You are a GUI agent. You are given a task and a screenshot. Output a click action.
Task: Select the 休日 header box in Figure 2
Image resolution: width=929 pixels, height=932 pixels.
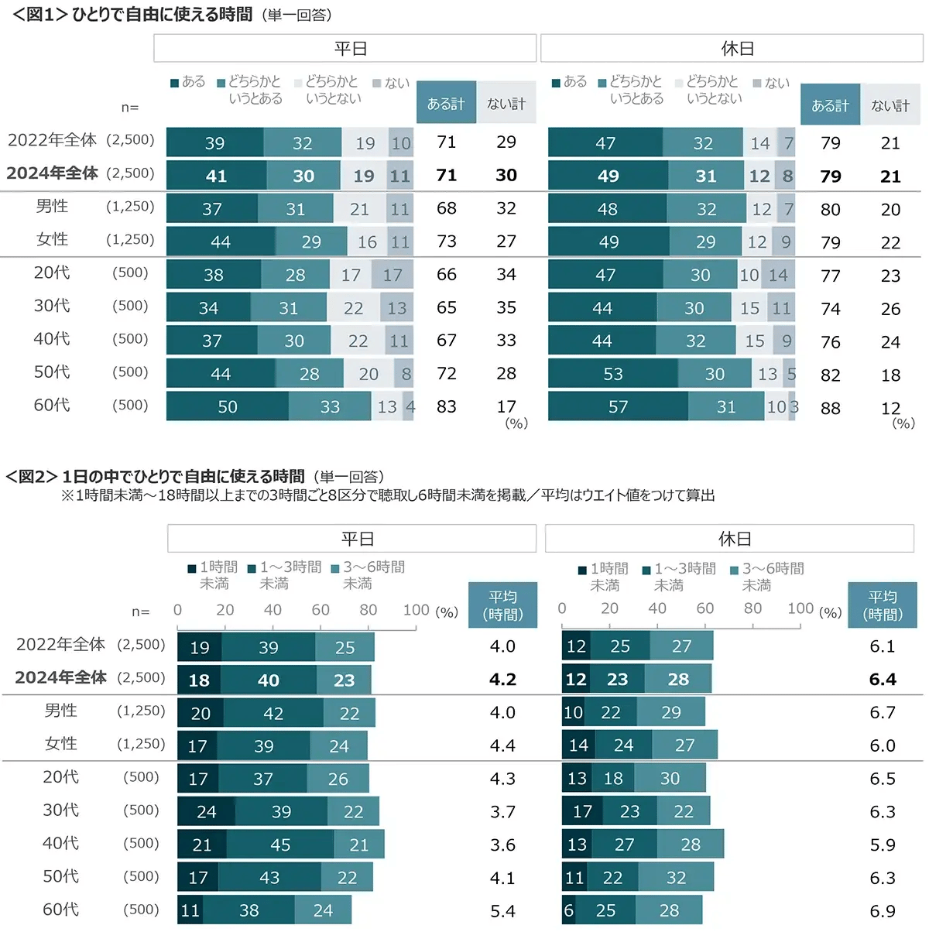pos(729,538)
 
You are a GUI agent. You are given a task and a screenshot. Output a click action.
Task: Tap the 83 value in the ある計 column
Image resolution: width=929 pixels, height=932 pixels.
pos(447,406)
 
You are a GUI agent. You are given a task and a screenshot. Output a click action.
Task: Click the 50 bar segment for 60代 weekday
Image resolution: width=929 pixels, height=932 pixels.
pos(228,406)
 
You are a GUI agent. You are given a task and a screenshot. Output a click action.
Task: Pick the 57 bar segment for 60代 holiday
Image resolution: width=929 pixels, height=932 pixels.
pos(618,406)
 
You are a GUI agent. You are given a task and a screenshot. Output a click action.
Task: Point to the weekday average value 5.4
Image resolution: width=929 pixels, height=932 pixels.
pos(502,911)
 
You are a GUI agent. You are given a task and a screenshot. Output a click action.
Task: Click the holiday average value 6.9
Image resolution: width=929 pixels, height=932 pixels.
pos(882,911)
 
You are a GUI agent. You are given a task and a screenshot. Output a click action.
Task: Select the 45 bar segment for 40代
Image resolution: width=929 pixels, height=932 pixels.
pos(280,845)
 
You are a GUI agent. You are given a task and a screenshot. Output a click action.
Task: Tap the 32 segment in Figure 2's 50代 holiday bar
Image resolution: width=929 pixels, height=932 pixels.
pos(676,878)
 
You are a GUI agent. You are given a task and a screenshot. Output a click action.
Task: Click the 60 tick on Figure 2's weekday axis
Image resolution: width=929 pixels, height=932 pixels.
pos(321,610)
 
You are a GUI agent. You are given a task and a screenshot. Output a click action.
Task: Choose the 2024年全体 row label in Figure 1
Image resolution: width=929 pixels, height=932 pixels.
pos(53,173)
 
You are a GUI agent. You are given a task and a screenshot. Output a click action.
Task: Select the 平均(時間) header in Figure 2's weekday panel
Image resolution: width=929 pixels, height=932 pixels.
pos(502,605)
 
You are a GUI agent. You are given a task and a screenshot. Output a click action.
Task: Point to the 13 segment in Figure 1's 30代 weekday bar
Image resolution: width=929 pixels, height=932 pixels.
pos(397,308)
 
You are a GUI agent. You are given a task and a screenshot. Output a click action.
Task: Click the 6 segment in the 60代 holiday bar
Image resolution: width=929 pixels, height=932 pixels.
pos(568,910)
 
